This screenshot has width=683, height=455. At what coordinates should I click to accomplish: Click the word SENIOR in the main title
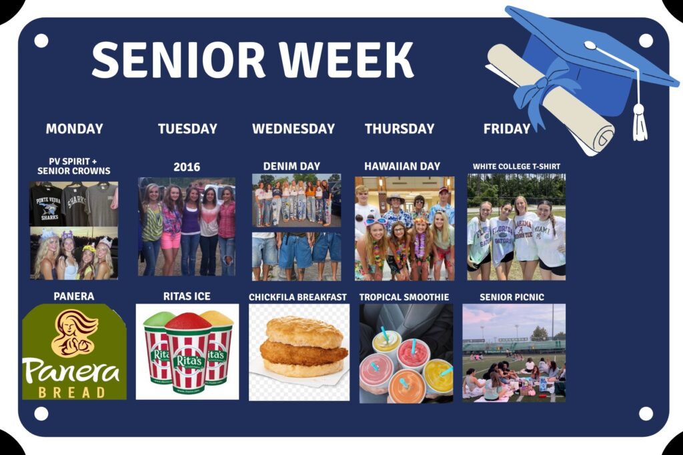click(178, 59)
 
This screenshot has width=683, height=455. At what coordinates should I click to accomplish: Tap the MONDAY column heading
click(75, 129)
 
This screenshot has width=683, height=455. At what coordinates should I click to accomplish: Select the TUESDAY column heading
click(187, 129)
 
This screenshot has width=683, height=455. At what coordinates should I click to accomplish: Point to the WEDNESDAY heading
click(293, 129)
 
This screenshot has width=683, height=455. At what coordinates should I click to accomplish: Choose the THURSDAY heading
click(400, 129)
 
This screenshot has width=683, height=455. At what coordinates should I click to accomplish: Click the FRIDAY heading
click(507, 129)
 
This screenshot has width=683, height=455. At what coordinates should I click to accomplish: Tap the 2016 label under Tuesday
click(187, 167)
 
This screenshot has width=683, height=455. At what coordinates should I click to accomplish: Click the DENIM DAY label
click(291, 166)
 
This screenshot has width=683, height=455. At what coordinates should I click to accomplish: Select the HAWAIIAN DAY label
click(402, 166)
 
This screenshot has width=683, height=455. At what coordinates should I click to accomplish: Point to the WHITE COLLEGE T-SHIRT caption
click(517, 166)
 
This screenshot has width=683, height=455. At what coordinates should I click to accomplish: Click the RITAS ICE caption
click(187, 296)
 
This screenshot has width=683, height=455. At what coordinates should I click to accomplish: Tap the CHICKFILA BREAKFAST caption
click(298, 297)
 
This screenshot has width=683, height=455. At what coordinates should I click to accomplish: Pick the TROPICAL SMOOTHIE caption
click(404, 297)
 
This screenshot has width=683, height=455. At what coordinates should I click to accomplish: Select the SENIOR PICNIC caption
click(512, 297)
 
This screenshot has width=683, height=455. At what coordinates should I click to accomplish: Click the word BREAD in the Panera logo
click(72, 392)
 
